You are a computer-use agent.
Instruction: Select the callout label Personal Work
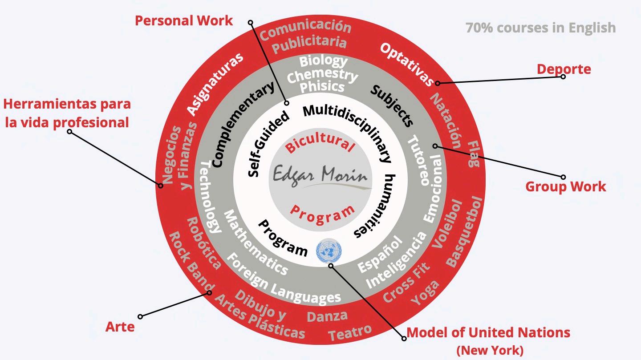184,20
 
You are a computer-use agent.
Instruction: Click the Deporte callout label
564,69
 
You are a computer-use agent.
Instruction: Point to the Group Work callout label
565,186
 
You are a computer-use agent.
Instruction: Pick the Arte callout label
120,327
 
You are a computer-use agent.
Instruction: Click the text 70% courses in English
540,28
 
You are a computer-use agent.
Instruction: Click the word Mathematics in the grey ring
256,243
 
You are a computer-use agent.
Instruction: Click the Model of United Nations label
488,332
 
